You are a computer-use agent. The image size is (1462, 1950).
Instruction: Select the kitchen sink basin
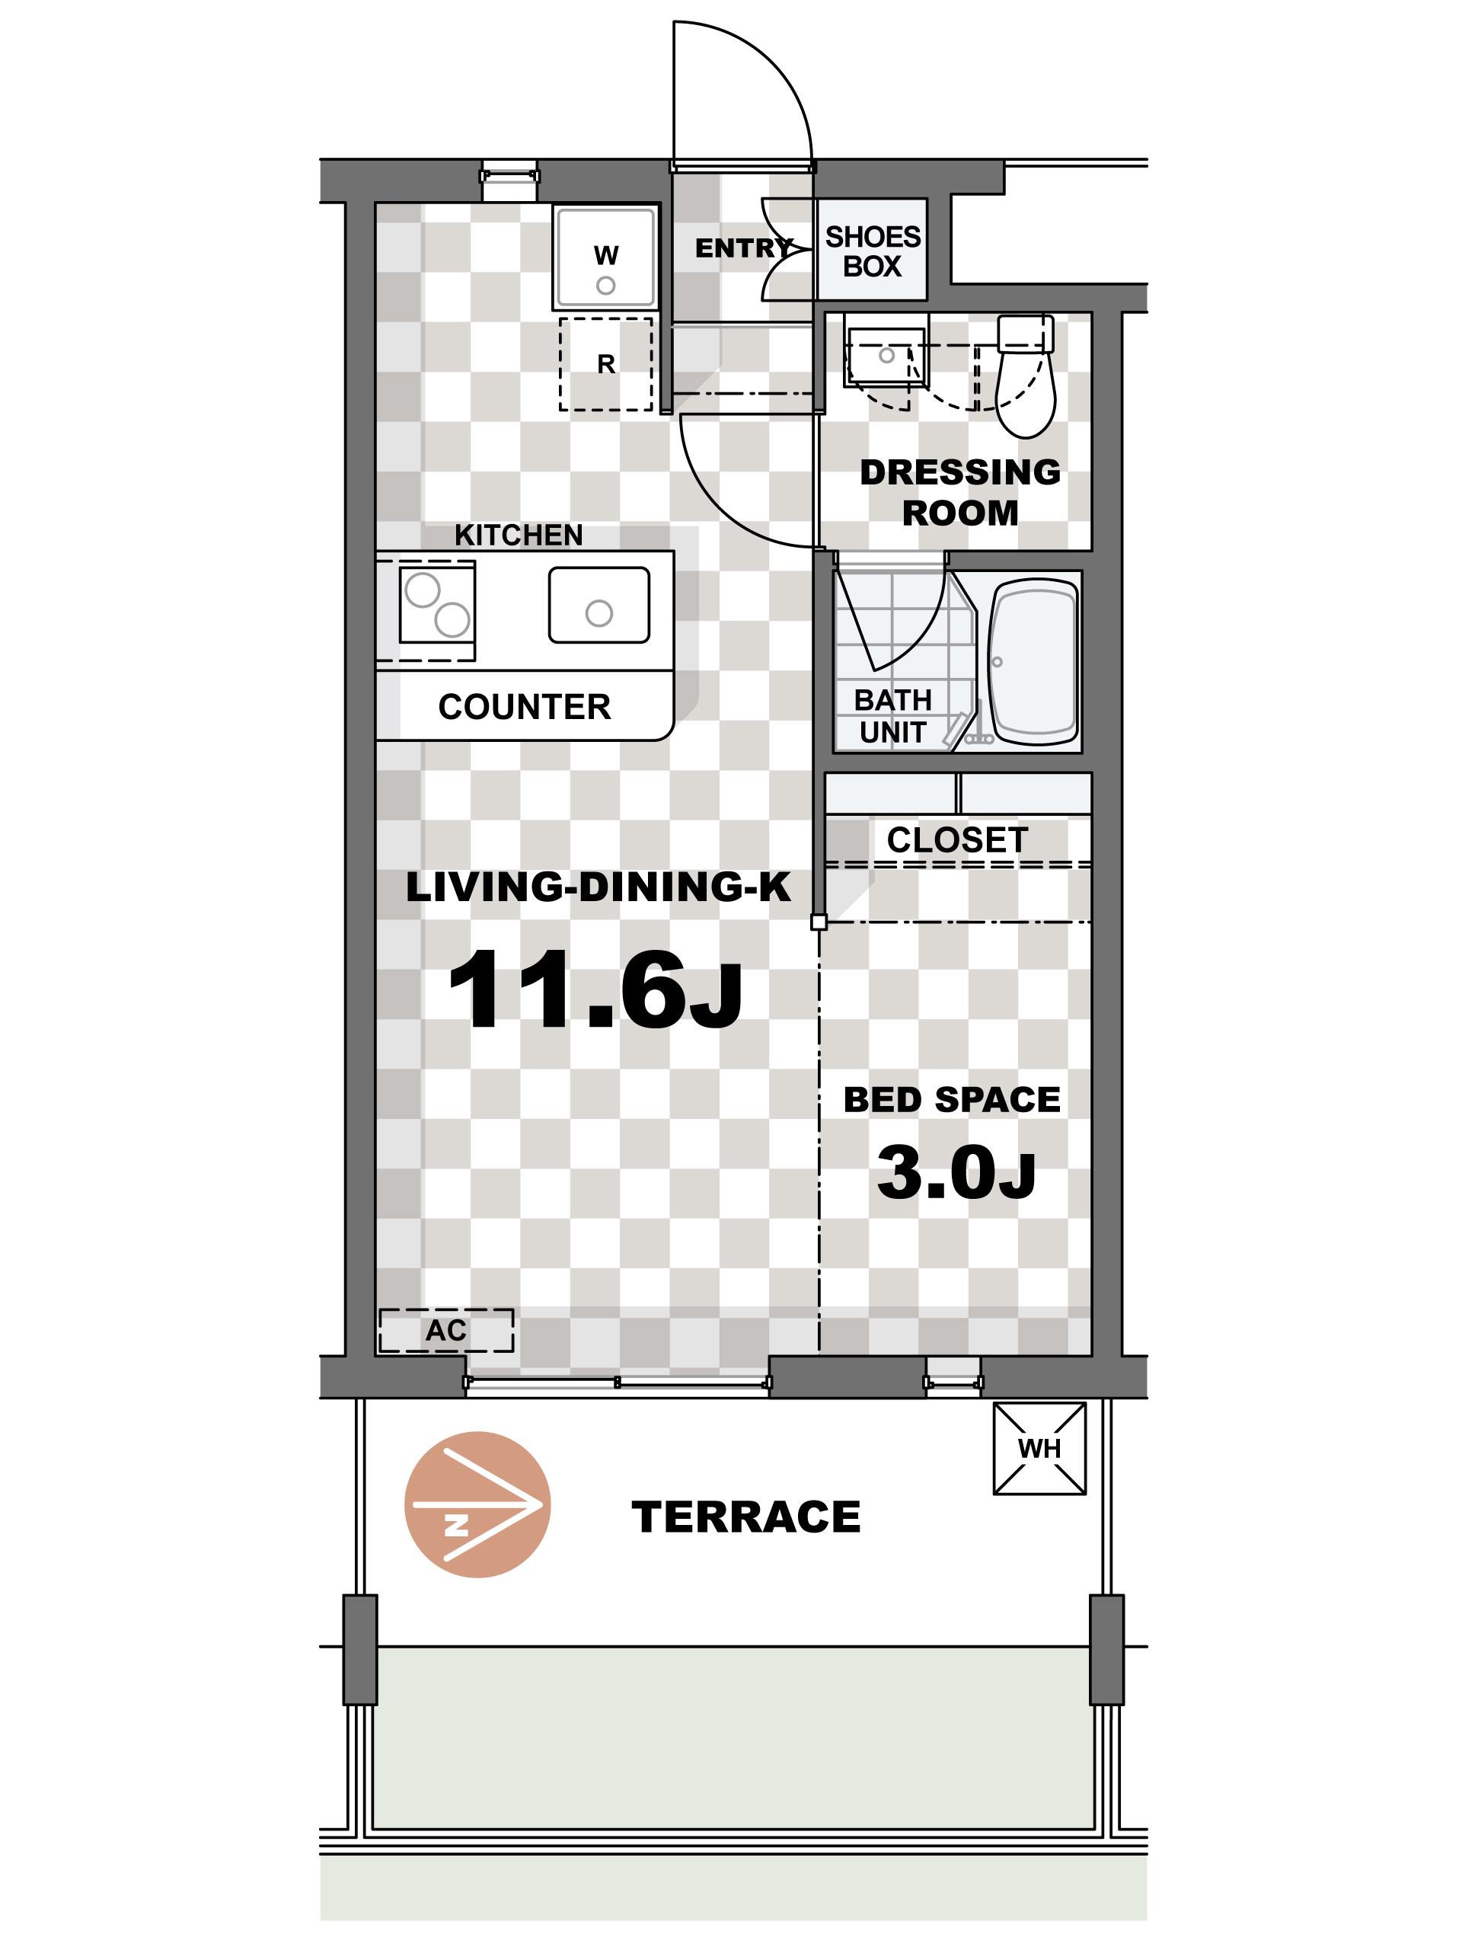point(599,605)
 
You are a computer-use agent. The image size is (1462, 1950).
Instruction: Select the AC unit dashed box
point(446,1330)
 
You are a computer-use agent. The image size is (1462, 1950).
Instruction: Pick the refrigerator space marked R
point(605,363)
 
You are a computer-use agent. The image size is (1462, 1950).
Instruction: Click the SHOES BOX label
point(873,251)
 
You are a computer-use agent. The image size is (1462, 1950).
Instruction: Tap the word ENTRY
point(744,248)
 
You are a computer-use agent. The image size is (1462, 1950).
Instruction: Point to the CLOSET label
point(957,840)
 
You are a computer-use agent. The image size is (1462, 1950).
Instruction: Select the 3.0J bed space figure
point(956,1173)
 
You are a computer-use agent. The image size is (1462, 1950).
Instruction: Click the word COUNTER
point(525,707)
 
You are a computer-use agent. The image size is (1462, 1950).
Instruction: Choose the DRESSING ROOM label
point(960,492)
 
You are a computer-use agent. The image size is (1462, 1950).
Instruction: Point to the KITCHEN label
point(519,535)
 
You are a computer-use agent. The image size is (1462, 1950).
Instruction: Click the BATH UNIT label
point(892,716)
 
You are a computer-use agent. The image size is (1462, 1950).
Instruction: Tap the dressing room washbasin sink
point(885,357)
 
